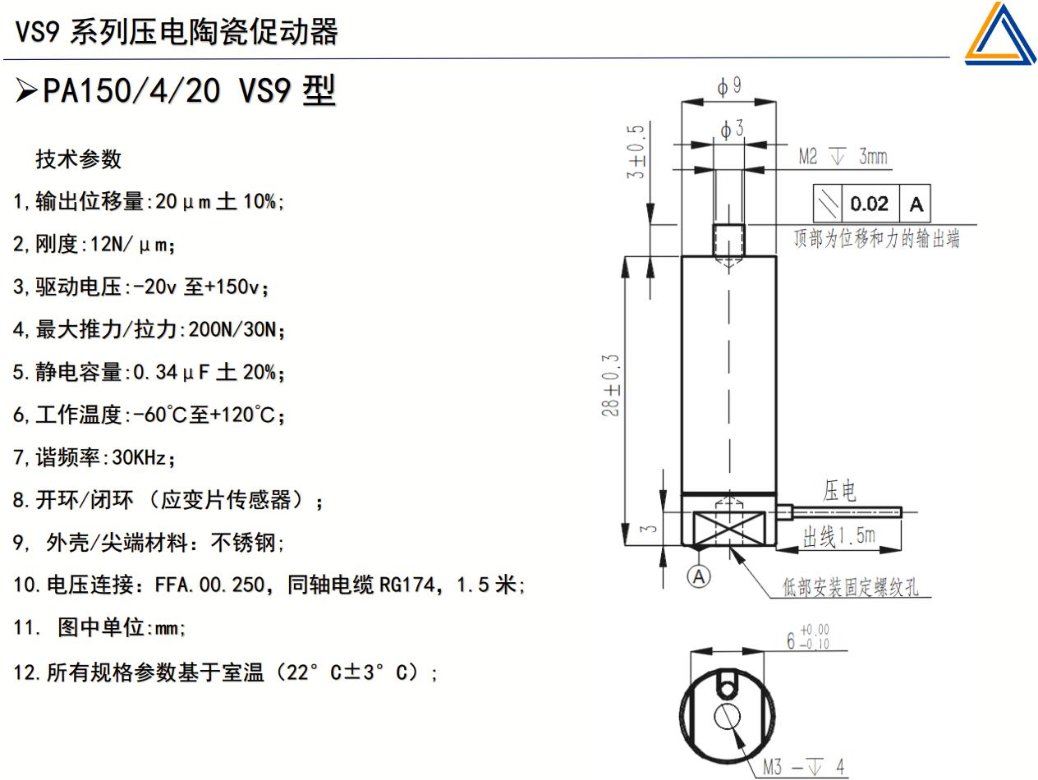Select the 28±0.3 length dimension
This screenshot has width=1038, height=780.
[x=612, y=386]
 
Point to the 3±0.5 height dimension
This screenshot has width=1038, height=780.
[x=636, y=152]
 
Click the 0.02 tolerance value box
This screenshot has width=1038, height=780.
[x=869, y=204]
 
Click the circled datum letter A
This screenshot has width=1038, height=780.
[x=699, y=577]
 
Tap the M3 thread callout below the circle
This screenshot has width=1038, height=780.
[x=802, y=768]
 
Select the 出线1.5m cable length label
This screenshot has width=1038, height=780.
[x=838, y=538]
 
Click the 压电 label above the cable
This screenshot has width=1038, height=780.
[x=839, y=492]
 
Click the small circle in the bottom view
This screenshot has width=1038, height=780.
[x=727, y=717]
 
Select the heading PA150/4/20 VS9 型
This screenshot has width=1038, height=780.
[x=189, y=90]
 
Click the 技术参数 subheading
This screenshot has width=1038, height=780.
[x=79, y=159]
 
